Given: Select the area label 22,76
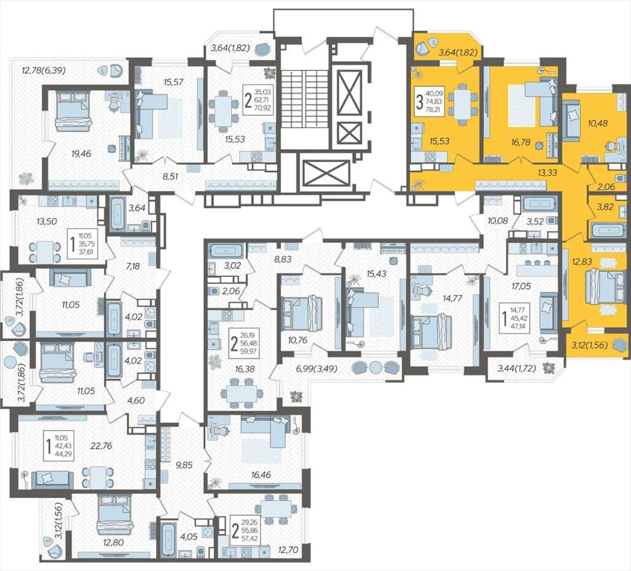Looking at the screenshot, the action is click(x=102, y=446).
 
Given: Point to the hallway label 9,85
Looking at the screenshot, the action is click(x=184, y=465).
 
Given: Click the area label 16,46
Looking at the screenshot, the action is click(x=261, y=475).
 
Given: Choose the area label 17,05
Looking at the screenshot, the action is click(x=521, y=286).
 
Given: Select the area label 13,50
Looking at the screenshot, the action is click(x=47, y=221).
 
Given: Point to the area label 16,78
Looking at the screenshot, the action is click(x=510, y=141).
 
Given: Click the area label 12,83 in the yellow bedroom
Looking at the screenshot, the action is click(x=582, y=261).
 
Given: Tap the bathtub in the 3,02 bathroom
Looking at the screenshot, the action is click(x=226, y=250).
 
